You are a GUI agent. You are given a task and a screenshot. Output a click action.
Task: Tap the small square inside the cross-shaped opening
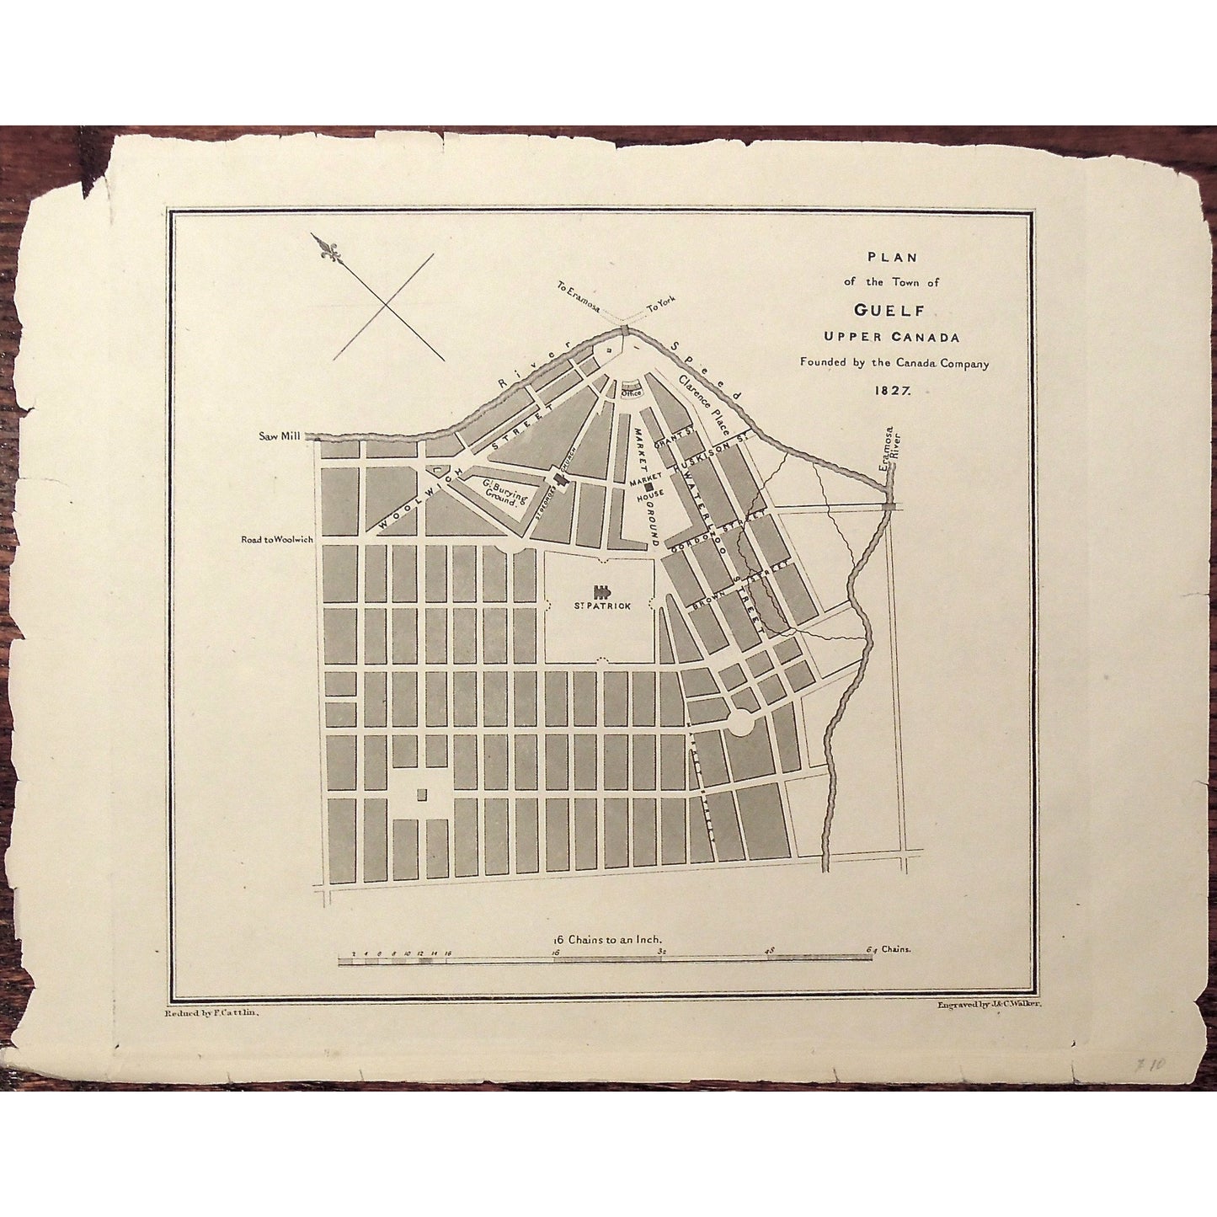(422, 794)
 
